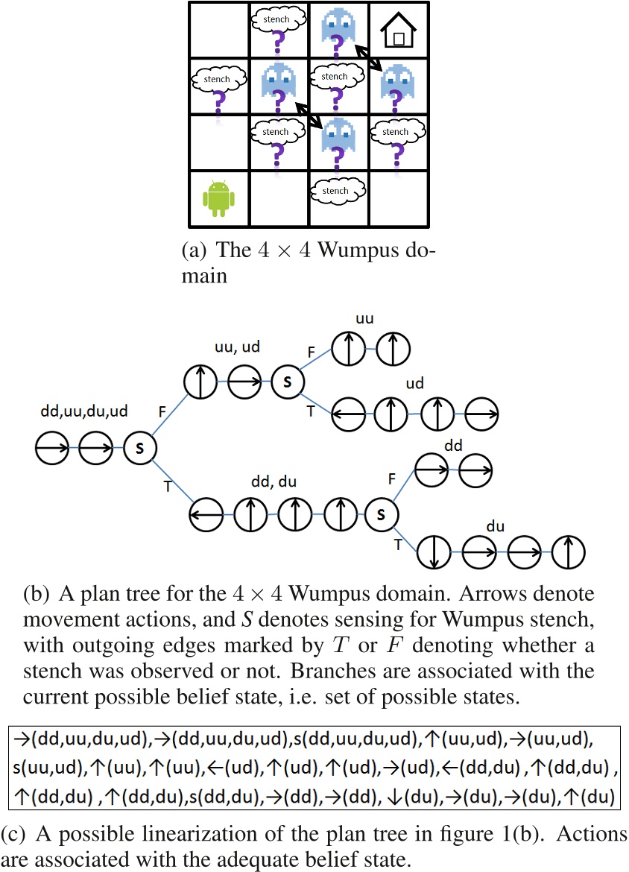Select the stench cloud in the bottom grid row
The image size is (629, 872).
[x=338, y=191]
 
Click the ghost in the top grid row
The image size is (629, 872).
[x=337, y=30]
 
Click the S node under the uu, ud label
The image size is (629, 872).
[x=286, y=382]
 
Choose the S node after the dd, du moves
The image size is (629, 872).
[x=381, y=514]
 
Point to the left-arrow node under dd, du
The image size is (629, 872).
[x=208, y=514]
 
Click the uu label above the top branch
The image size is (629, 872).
[x=365, y=319]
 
